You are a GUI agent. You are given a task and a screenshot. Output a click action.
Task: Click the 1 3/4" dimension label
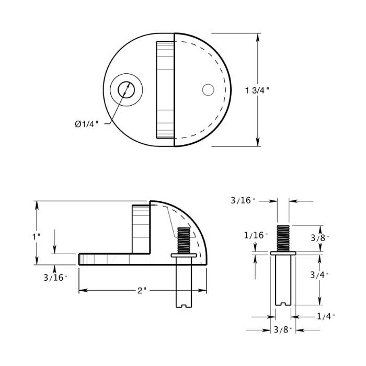click(257, 90)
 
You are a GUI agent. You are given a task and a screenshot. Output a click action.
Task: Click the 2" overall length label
click(142, 290)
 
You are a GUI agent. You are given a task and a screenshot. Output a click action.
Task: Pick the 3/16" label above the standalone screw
click(243, 200)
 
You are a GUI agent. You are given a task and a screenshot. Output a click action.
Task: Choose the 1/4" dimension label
click(325, 316)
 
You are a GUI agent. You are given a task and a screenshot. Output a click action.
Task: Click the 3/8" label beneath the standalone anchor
click(283, 330)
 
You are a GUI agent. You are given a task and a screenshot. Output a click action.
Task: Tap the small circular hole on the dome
click(208, 90)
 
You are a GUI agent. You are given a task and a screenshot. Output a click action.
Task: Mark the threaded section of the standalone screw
click(282, 238)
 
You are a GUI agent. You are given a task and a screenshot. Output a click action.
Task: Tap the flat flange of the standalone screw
click(283, 253)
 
